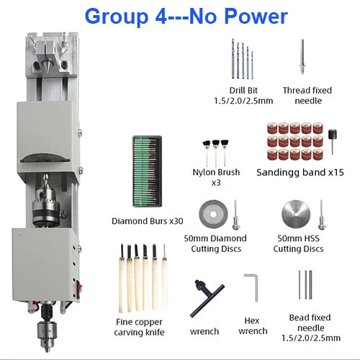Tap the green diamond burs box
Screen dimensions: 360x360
click(x=148, y=171)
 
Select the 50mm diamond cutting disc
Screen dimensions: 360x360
click(x=213, y=215)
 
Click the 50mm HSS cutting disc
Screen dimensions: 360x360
click(x=296, y=215)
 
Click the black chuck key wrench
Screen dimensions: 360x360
click(x=207, y=297)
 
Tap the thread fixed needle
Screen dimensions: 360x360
click(x=302, y=57)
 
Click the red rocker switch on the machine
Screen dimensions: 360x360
click(x=79, y=288)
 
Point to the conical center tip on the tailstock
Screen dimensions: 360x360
click(x=45, y=61)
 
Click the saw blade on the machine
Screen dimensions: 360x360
click(x=45, y=158)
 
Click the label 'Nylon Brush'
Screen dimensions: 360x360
click(x=216, y=172)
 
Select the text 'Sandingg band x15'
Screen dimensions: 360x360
click(x=300, y=172)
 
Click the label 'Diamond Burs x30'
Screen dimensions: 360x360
click(x=148, y=221)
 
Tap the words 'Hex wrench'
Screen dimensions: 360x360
click(x=253, y=326)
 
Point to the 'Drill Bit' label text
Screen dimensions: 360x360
click(x=243, y=91)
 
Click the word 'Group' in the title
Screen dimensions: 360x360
click(x=117, y=17)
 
